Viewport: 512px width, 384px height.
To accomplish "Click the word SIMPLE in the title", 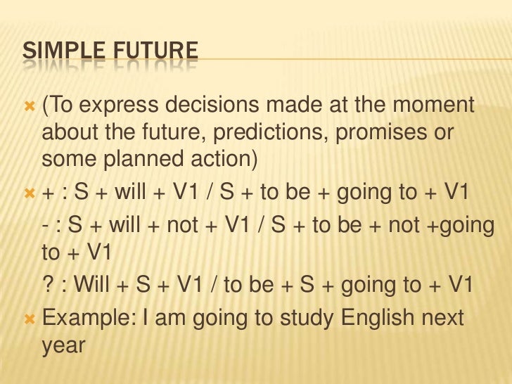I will click(60, 52).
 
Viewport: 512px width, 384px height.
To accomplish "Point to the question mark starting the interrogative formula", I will click(47, 284).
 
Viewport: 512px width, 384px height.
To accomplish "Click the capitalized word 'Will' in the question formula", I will click(91, 284).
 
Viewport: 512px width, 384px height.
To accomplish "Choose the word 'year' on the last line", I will click(63, 345).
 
